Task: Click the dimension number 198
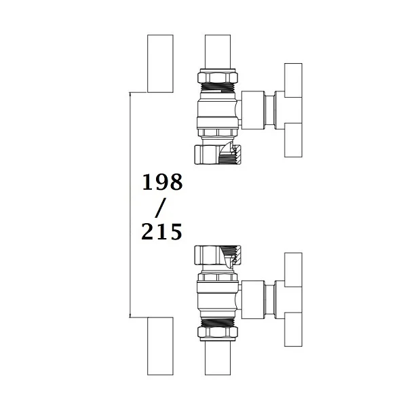(163, 182)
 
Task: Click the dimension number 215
(161, 231)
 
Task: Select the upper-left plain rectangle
(160, 64)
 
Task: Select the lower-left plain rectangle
(160, 346)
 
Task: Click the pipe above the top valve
(218, 52)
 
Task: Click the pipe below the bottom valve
(218, 357)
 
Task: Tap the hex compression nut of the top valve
(218, 77)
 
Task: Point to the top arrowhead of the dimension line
(130, 94)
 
